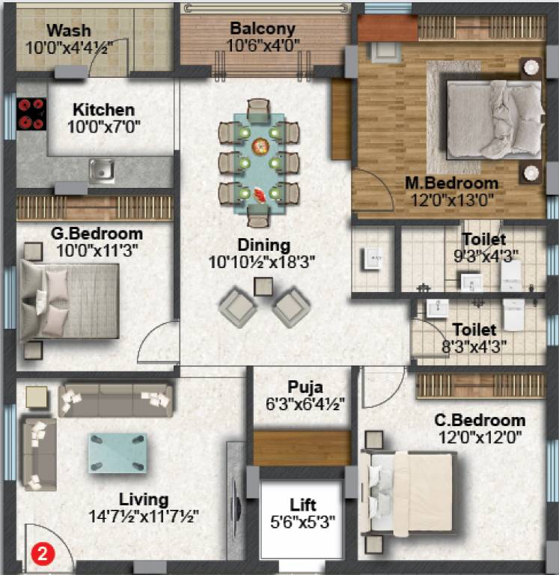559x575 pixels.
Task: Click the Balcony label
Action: point(262,29)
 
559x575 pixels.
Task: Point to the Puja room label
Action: point(305,387)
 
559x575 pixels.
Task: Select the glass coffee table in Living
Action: point(118,451)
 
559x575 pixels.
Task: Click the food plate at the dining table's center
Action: point(261,146)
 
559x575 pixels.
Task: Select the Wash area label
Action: point(69,31)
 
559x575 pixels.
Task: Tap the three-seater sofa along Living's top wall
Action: point(116,399)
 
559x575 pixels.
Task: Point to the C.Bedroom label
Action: point(480,420)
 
